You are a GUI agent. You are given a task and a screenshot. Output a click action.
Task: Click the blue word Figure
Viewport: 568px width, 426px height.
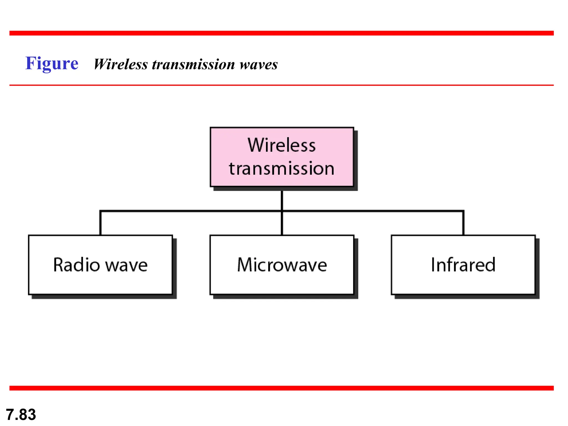tap(52, 64)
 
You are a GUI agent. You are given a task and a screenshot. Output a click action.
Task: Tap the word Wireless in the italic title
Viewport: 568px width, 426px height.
tap(121, 64)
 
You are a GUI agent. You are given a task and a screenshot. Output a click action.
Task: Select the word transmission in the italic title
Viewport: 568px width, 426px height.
tap(193, 64)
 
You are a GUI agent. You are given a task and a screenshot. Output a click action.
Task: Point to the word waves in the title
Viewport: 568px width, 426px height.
tap(258, 64)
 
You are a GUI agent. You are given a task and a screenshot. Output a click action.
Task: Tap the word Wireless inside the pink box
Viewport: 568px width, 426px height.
tap(282, 145)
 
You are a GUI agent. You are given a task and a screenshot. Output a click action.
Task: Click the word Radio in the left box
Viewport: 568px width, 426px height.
tap(76, 265)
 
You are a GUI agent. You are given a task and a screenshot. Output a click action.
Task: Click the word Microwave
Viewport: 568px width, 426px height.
tap(282, 265)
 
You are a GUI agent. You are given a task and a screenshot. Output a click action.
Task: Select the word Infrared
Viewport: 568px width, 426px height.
tap(463, 265)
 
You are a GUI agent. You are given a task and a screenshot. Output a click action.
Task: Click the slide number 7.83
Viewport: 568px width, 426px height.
tap(21, 414)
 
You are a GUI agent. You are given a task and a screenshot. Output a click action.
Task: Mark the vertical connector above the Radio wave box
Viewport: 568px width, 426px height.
tap(100, 223)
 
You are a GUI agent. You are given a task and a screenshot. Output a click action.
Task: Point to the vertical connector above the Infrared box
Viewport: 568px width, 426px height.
tap(463, 223)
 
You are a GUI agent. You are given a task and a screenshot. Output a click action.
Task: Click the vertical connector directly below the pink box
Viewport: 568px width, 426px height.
tap(282, 200)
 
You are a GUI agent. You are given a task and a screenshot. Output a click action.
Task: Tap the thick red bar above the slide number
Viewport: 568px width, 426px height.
tap(282, 388)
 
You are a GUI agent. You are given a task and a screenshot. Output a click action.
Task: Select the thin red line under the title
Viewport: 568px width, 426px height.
tap(282, 85)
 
